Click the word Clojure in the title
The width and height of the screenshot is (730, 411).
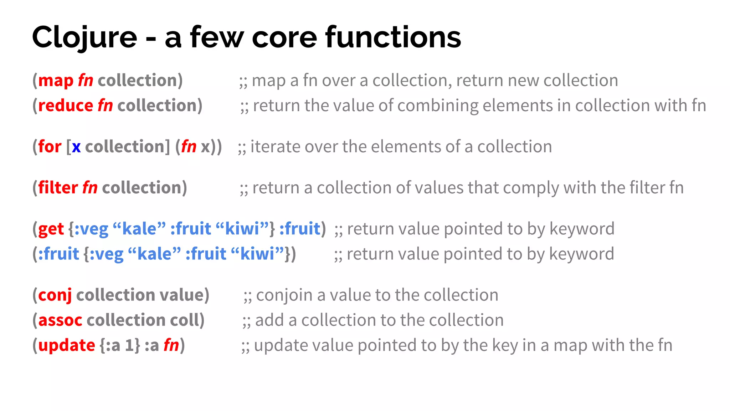point(84,37)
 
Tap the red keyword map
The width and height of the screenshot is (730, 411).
point(56,81)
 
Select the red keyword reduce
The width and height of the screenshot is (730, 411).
point(66,106)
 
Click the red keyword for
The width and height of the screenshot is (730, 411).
point(50,147)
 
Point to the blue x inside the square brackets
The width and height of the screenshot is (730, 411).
point(76,147)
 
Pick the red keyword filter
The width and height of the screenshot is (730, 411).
point(58,188)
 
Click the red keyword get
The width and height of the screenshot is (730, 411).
point(51,229)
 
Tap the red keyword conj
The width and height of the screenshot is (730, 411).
point(55,295)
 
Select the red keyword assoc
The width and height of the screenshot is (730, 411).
point(60,320)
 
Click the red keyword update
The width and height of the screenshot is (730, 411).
point(67,345)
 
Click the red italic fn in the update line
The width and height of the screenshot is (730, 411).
point(171,345)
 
